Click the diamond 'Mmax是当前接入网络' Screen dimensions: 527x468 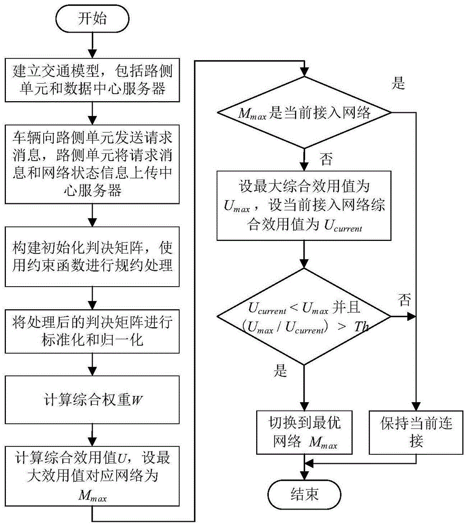coord(304,112)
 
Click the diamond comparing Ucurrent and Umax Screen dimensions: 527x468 coord(304,316)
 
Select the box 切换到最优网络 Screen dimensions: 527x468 coord(304,432)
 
